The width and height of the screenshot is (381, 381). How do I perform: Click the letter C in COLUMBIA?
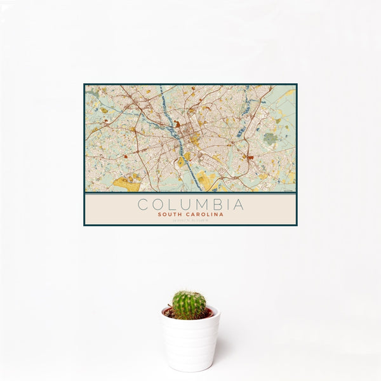click(142, 204)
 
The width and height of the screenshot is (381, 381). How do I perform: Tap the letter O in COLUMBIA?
click(157, 204)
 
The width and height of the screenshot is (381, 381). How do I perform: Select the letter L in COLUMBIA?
click(173, 204)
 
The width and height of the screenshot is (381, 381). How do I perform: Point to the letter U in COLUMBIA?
click(188, 204)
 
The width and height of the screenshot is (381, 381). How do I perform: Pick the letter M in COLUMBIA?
click(204, 204)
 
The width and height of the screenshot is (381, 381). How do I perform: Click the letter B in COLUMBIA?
click(220, 204)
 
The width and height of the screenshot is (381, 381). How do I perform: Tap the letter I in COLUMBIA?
click(230, 204)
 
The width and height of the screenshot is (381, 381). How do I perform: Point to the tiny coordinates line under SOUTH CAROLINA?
click(190, 220)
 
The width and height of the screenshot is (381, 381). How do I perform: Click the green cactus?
click(189, 305)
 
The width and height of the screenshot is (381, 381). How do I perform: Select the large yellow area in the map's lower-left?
click(125, 184)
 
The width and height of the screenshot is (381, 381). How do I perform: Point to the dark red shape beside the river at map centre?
click(178, 124)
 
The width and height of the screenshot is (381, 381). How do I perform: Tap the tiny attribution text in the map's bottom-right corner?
click(289, 190)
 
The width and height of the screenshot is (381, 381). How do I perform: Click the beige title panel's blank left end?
click(102, 210)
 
